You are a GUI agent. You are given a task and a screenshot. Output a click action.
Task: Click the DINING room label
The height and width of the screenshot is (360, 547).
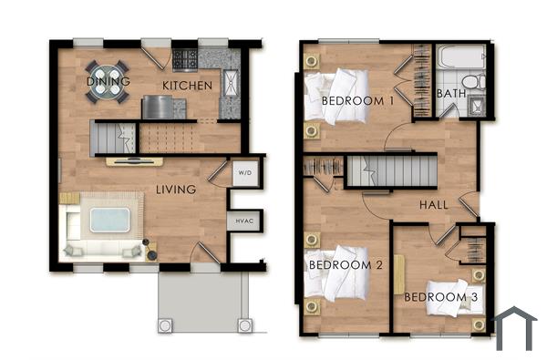coord(108,82)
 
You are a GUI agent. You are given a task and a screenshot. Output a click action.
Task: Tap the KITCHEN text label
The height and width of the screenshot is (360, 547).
coord(187,86)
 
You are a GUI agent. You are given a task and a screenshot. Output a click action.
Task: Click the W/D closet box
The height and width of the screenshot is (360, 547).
coord(243,173)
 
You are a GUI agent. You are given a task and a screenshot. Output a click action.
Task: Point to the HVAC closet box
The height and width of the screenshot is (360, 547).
coord(243,220)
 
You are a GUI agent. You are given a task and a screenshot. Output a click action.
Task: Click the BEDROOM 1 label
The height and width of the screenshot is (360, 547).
coord(356,101)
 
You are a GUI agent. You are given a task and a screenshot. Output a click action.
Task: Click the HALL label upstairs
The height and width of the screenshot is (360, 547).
coord(433,205)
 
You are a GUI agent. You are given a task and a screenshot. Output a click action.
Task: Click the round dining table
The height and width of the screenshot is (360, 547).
coord(108,72)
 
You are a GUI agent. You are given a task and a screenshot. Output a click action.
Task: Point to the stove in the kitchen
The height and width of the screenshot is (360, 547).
coord(186,59)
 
